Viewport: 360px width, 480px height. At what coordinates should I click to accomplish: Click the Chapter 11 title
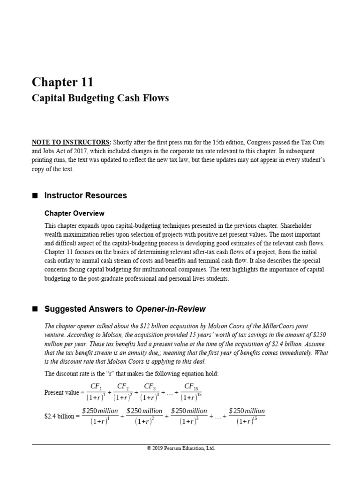click(62, 82)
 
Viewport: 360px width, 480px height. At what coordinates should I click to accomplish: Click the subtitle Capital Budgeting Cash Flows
click(100, 98)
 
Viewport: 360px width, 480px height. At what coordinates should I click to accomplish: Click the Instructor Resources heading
click(85, 195)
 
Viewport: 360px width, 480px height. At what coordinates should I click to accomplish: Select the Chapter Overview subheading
click(74, 213)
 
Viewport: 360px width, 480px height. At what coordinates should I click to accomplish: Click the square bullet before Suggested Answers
click(34, 309)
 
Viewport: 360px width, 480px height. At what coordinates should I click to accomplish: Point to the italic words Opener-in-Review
click(171, 309)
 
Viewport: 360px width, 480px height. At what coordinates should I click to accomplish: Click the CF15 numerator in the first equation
click(189, 386)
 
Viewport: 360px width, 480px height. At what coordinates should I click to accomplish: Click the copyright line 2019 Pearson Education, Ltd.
click(180, 448)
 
